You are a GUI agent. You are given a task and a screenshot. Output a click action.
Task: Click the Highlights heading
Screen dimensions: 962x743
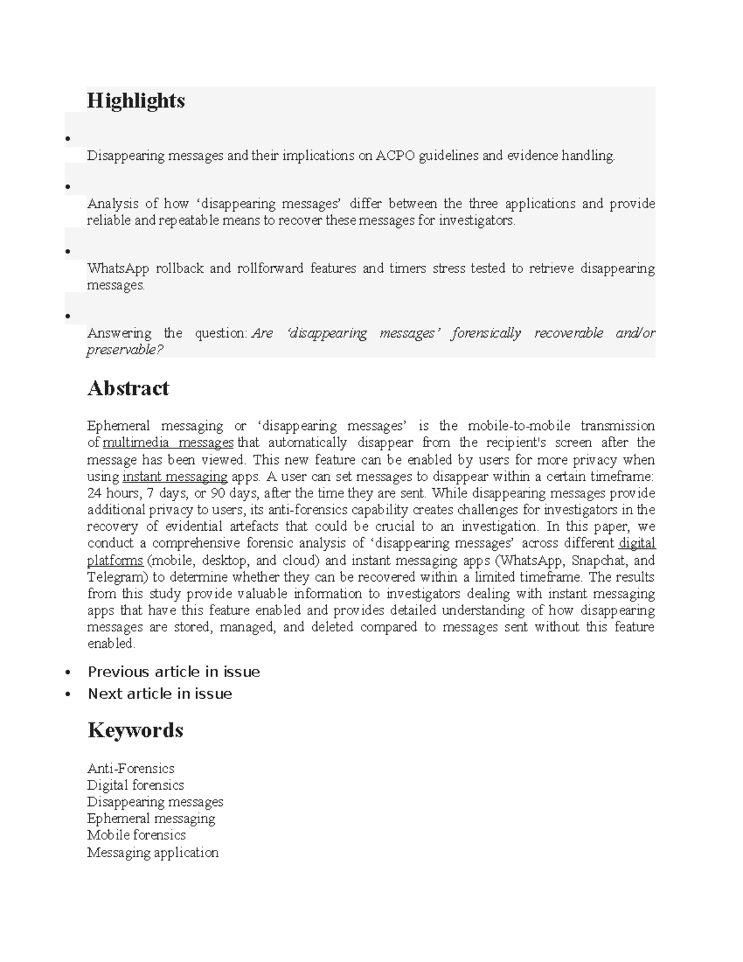[x=136, y=100]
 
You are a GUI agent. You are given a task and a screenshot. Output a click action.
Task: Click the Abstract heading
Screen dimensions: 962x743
[x=128, y=388]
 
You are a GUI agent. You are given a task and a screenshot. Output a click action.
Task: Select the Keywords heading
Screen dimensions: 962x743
[x=135, y=730]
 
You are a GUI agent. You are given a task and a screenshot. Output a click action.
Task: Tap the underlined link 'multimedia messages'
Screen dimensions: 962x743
[x=168, y=443]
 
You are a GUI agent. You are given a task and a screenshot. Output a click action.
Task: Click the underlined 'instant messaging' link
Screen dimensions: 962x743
[x=175, y=476]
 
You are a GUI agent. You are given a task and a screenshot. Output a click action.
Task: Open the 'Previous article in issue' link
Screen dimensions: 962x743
[x=173, y=672]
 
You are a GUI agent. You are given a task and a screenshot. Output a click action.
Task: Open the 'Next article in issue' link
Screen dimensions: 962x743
[x=160, y=694]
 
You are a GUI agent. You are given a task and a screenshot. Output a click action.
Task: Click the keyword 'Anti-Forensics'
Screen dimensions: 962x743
[x=131, y=769]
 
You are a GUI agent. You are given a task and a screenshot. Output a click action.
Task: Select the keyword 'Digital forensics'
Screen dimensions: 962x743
[x=136, y=785]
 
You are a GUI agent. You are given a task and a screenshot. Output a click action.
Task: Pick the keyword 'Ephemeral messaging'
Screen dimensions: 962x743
[x=151, y=819]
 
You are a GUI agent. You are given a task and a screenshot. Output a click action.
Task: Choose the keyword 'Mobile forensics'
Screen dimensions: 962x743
[x=136, y=836]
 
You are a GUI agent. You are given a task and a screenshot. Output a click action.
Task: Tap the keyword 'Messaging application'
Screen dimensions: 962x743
[x=153, y=852]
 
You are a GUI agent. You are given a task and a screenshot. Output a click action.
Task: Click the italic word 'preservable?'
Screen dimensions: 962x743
[x=125, y=350]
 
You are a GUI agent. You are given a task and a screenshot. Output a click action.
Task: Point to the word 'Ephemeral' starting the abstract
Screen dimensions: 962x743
[x=118, y=426]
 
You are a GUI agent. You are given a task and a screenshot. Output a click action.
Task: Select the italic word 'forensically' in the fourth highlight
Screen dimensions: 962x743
[x=486, y=333]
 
